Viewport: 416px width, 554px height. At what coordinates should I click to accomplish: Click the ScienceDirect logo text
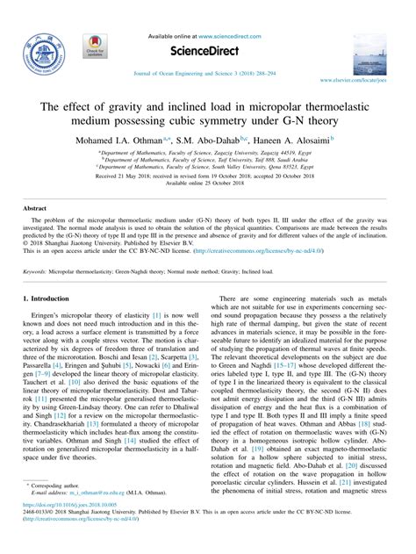(207, 50)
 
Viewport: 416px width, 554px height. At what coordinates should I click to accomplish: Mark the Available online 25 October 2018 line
(207, 183)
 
